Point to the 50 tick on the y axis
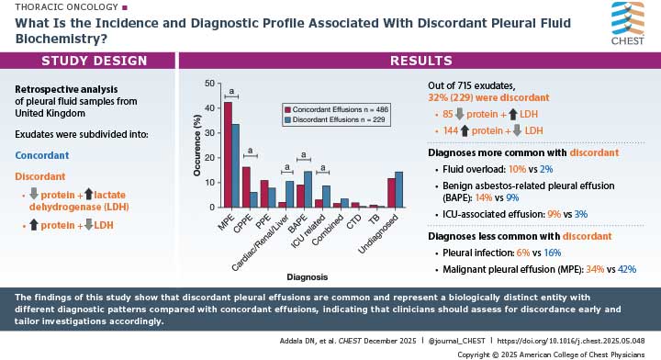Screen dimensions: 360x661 [210, 84]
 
